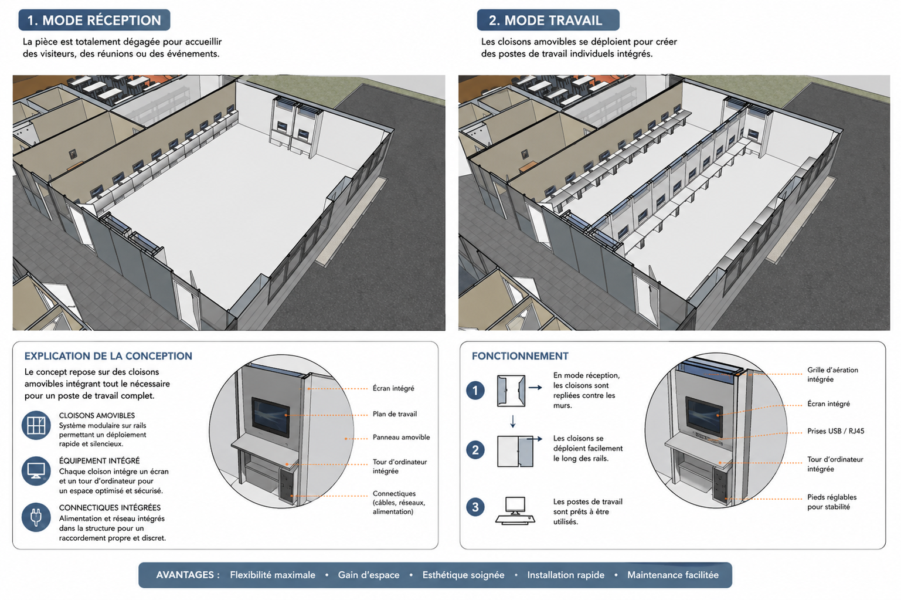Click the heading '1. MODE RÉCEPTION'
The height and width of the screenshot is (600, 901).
point(94,20)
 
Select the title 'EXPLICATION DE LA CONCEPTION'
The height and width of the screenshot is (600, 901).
point(108,356)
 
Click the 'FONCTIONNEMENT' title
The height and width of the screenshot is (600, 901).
point(520,356)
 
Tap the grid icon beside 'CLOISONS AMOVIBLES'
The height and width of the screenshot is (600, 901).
point(36,425)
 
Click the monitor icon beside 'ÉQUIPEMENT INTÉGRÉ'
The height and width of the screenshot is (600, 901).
point(36,471)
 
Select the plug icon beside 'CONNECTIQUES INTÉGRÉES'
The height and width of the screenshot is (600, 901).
point(36,517)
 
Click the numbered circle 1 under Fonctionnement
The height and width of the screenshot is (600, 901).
point(475,391)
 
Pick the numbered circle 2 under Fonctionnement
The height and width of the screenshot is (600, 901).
point(475,449)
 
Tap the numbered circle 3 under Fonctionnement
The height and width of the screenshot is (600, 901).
point(475,507)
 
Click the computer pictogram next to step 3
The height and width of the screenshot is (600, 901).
point(515,510)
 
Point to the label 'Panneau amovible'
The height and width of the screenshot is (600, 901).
point(401,438)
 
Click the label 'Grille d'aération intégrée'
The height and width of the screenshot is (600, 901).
point(832,375)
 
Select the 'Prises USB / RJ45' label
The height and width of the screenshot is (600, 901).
point(836,431)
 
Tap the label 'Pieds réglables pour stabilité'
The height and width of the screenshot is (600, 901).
point(832,502)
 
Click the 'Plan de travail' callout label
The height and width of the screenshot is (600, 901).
point(395,414)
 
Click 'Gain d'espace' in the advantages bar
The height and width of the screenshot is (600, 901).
point(369,575)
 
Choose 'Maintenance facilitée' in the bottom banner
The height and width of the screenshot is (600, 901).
point(673,575)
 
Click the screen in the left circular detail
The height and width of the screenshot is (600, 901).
point(271,418)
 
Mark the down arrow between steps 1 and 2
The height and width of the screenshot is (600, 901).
point(512,421)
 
